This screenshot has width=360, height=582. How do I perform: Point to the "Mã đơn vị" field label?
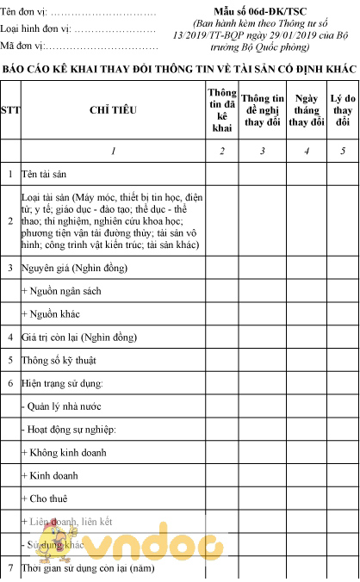(x=26, y=46)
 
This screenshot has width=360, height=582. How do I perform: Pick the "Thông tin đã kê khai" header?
(x=222, y=109)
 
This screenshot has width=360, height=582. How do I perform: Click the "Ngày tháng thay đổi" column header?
(x=306, y=110)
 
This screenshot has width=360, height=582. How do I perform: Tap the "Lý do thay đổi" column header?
(x=343, y=110)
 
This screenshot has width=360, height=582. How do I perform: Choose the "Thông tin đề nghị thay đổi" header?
(x=262, y=110)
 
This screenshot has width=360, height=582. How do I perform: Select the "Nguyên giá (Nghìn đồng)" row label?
(x=71, y=268)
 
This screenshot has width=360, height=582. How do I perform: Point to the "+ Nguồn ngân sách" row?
(x=61, y=291)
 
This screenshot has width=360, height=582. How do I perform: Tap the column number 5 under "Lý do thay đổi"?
(x=343, y=151)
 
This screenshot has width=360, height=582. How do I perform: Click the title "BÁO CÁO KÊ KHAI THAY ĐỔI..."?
(x=180, y=68)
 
